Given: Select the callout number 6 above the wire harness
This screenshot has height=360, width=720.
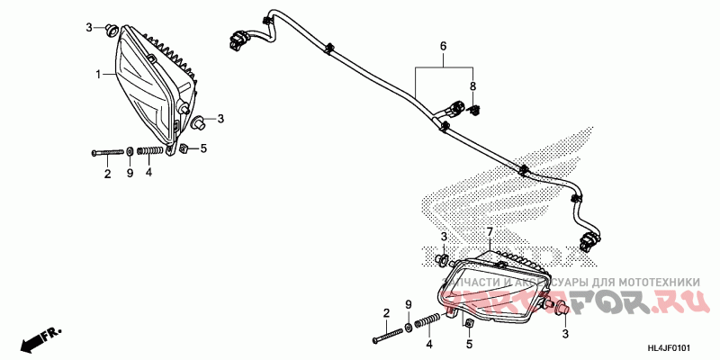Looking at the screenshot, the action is [x=443, y=46].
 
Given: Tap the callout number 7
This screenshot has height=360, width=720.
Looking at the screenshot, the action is [x=490, y=233].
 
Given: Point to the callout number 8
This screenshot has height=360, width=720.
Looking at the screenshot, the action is [x=472, y=85].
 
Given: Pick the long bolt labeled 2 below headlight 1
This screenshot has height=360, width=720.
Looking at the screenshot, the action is [x=107, y=152].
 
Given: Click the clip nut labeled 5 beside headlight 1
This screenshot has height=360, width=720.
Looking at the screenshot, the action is [x=183, y=148].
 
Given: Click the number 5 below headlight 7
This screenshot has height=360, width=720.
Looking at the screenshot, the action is [x=468, y=343].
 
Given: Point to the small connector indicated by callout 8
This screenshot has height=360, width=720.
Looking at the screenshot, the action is [x=475, y=110].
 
